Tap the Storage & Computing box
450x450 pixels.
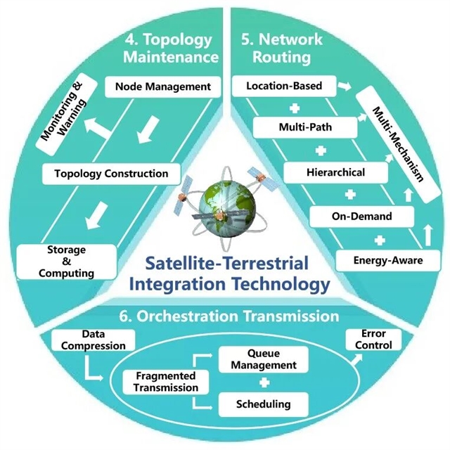pyautogui.click(x=57, y=261)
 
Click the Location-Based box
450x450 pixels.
pyautogui.click(x=285, y=86)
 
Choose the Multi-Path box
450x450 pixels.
pyautogui.click(x=295, y=129)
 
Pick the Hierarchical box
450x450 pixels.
pyautogui.click(x=326, y=172)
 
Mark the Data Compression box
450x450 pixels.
pyautogui.click(x=93, y=340)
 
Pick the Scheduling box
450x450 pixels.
pyautogui.click(x=264, y=404)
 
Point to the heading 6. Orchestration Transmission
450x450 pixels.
pyautogui.click(x=238, y=316)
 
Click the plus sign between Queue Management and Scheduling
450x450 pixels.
pyautogui.click(x=264, y=382)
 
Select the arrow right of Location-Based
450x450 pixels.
pyautogui.click(x=344, y=86)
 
